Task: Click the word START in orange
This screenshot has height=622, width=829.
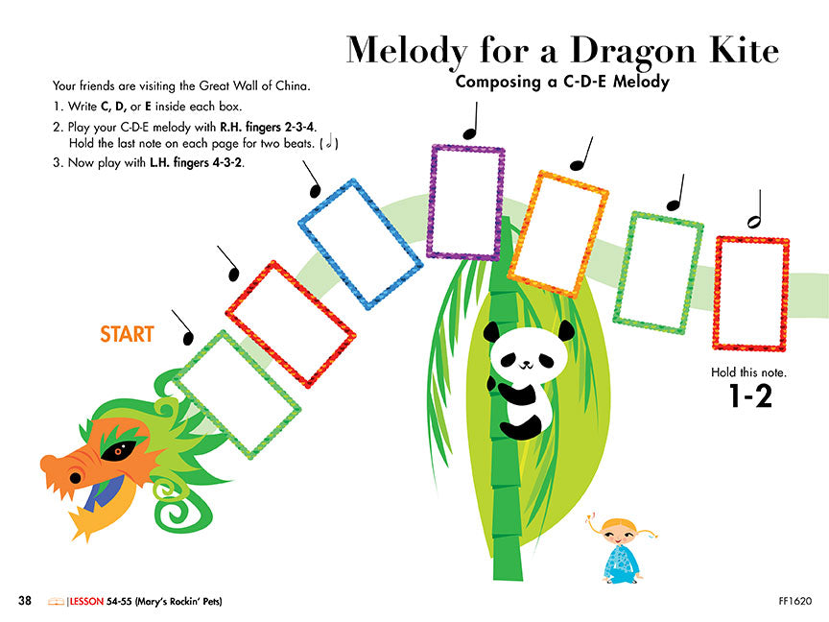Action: point(127,335)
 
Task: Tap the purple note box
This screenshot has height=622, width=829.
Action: point(466,202)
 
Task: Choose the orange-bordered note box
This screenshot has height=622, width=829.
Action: point(558,234)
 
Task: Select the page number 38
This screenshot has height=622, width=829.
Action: point(25,601)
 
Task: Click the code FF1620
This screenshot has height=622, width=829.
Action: point(795,602)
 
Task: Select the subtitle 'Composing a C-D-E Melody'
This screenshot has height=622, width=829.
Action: point(561,82)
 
